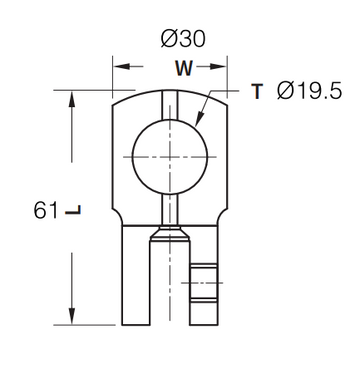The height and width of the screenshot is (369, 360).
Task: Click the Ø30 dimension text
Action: [x=183, y=39]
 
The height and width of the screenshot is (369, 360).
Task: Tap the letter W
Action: [x=184, y=68]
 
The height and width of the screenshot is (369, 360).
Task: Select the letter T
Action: [x=257, y=91]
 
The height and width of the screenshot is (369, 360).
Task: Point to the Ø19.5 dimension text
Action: [x=309, y=91]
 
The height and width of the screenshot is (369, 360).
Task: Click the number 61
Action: [x=46, y=210]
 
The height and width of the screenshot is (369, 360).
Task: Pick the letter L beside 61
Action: [x=73, y=210]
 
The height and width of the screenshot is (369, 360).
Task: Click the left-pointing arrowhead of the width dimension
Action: [x=122, y=66]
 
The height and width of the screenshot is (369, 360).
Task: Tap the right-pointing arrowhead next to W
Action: [x=218, y=67]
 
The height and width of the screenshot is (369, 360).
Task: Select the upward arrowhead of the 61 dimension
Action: [x=72, y=99]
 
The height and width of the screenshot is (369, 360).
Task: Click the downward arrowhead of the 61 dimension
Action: [x=72, y=316]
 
